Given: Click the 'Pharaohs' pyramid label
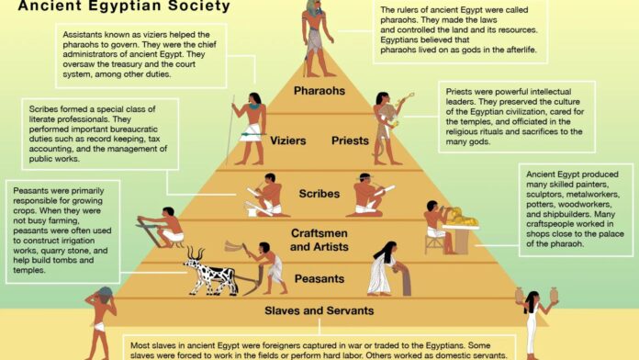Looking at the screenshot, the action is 320,91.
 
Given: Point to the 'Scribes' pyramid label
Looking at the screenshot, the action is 319,194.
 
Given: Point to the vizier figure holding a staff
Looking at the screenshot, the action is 251,129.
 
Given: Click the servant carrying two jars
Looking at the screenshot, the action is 530,321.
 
